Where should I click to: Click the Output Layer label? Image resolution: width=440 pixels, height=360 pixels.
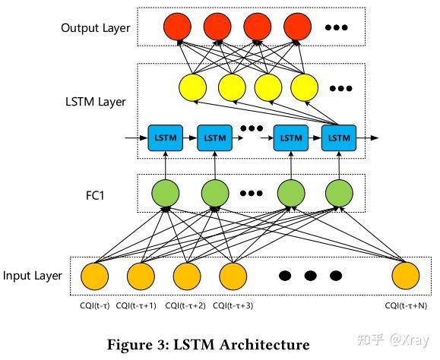point(96,29)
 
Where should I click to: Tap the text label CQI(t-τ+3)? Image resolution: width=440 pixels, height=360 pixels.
point(233,305)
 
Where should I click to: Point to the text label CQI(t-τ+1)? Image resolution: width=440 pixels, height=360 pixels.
point(140,305)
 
